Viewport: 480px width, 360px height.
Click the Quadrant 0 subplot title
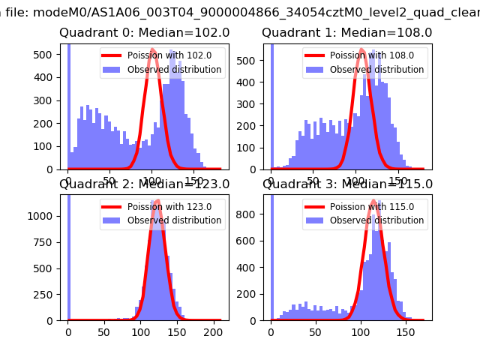pyautogui.click(x=144, y=33)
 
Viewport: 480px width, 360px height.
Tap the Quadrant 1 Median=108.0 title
pyautogui.click(x=346, y=33)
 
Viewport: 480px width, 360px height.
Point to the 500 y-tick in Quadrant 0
pyautogui.click(x=46, y=55)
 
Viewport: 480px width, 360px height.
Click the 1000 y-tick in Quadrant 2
pyautogui.click(x=42, y=216)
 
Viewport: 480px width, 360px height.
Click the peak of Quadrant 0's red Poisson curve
pyautogui.click(x=153, y=49)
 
